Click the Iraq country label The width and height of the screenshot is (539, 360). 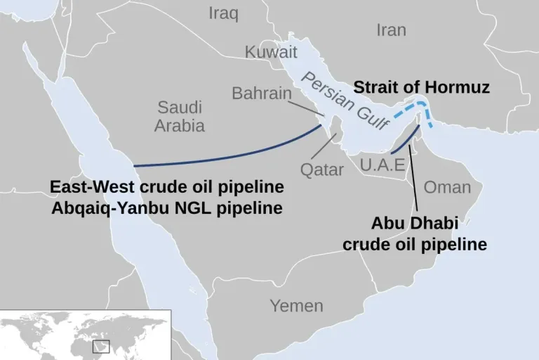[x=224, y=13]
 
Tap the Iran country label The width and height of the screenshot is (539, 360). [x=391, y=30]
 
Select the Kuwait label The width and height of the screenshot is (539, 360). [x=271, y=51]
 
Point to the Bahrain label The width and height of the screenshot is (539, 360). [x=262, y=93]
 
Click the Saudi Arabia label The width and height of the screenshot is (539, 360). [x=180, y=117]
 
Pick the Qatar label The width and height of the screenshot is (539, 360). [x=322, y=169]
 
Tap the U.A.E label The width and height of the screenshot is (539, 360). [x=382, y=165]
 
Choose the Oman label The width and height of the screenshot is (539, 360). [x=448, y=187]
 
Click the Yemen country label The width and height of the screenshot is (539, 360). [x=297, y=306]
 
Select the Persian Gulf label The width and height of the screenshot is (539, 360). [x=345, y=101]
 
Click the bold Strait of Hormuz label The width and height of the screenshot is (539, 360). [x=421, y=87]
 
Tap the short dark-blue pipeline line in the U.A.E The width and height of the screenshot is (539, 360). [x=404, y=143]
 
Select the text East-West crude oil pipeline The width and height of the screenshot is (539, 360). [x=167, y=187]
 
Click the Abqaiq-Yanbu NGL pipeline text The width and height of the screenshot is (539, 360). [x=167, y=208]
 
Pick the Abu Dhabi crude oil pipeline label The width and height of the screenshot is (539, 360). [x=415, y=234]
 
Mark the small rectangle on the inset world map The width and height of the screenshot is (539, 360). [x=102, y=347]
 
